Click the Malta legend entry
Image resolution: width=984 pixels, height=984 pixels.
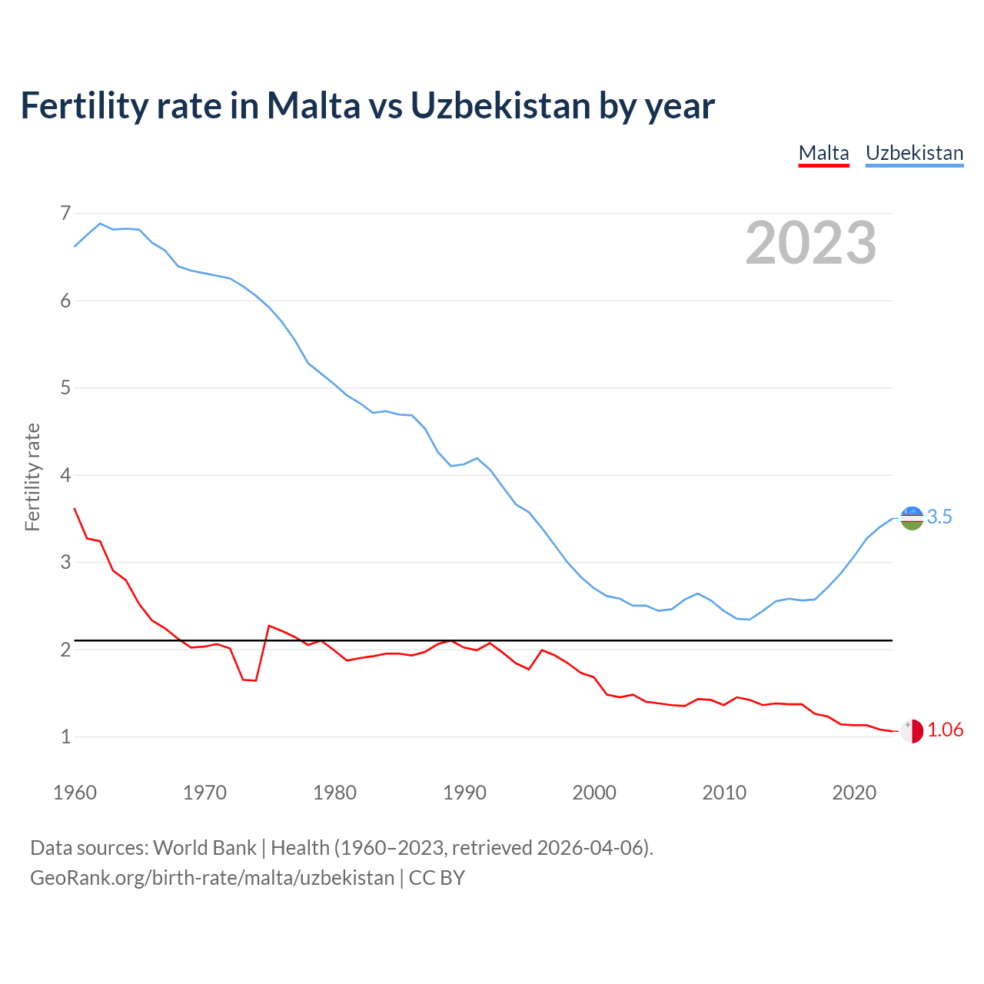(x=823, y=153)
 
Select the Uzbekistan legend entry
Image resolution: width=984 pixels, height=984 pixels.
(x=914, y=153)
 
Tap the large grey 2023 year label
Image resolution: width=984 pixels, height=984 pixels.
(x=811, y=243)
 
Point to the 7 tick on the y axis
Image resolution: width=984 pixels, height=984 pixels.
(x=65, y=213)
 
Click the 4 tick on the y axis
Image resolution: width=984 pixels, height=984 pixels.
(x=65, y=475)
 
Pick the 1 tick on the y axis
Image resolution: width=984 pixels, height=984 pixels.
(x=65, y=737)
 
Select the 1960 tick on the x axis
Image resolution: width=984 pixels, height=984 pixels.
(x=75, y=793)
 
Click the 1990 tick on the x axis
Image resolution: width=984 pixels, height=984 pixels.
(x=464, y=793)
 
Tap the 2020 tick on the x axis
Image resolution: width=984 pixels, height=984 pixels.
(x=854, y=793)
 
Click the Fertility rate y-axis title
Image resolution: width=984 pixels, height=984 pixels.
(x=32, y=477)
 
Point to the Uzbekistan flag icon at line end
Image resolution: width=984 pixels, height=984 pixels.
(x=912, y=518)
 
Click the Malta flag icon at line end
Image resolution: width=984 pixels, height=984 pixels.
(x=912, y=731)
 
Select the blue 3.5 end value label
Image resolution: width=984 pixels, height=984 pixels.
(x=939, y=517)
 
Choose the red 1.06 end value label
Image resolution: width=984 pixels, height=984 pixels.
(x=945, y=730)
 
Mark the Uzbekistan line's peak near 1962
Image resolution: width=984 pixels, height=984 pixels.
(x=100, y=224)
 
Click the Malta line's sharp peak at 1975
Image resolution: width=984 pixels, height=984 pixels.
(x=269, y=626)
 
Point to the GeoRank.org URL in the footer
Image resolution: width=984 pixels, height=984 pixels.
(x=212, y=878)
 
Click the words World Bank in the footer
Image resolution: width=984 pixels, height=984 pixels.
(x=204, y=848)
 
